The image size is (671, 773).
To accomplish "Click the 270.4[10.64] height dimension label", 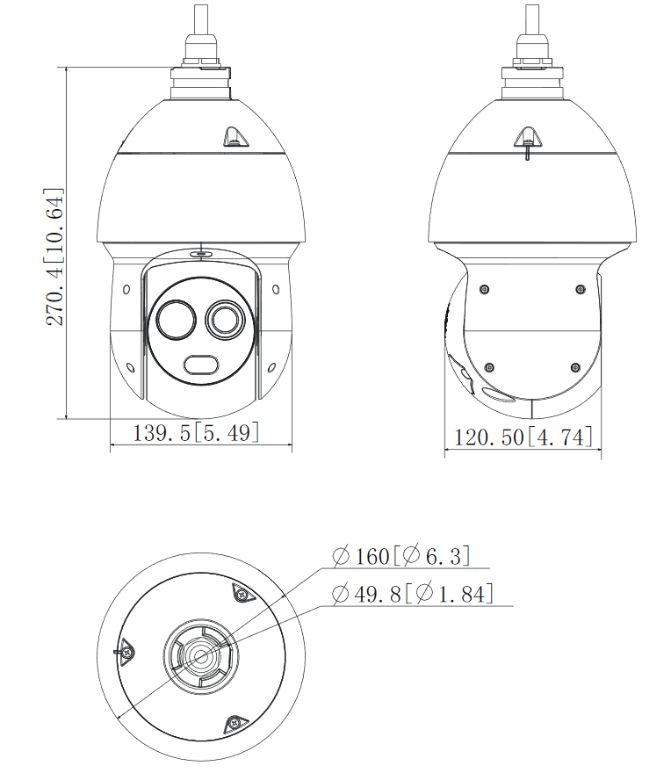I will [x=54, y=256].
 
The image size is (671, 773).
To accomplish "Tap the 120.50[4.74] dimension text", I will [x=523, y=437].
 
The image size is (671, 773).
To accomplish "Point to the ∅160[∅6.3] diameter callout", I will [x=401, y=556].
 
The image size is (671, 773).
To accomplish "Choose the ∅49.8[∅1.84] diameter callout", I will [x=412, y=594].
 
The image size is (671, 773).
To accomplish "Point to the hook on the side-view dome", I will [x=527, y=136].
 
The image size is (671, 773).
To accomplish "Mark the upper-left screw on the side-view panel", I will [x=483, y=288].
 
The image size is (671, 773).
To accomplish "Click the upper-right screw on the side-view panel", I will [x=580, y=289].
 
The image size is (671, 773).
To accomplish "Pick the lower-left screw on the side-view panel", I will [x=489, y=366].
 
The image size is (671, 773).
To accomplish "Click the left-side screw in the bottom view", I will [x=128, y=652].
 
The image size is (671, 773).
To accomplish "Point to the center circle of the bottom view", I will [x=200, y=655].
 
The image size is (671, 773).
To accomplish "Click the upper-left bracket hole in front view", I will [x=127, y=288].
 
